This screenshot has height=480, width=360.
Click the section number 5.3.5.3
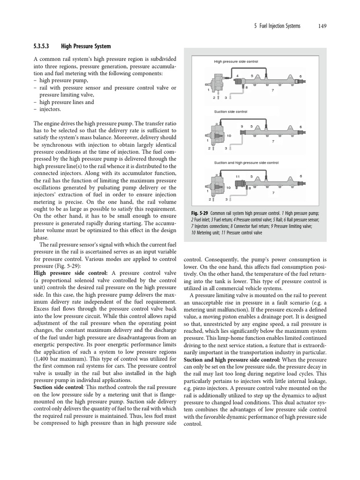coord(44,46)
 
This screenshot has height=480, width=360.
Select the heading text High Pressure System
coord(86,46)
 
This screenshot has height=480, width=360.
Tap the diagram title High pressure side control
coord(236,61)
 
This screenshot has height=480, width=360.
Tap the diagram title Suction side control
coord(230,112)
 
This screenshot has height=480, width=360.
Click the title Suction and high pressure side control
coord(246,163)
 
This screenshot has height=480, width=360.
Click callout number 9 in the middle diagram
coord(241,126)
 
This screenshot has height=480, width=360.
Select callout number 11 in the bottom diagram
coord(238,176)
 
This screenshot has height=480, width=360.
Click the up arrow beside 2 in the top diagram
coord(218,97)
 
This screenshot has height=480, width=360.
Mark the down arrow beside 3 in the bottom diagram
coord(230,199)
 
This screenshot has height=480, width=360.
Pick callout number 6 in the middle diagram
coord(300,127)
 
